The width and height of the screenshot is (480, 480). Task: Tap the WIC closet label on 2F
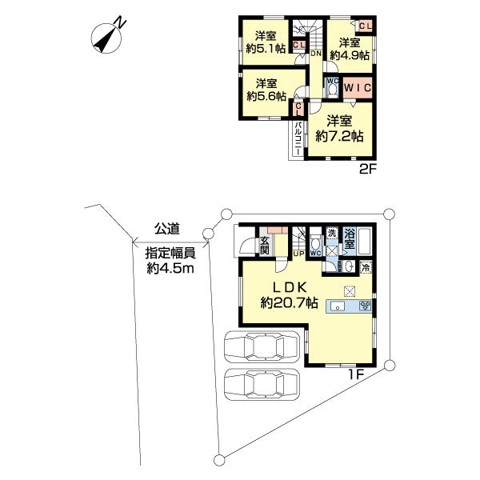pyautogui.click(x=358, y=88)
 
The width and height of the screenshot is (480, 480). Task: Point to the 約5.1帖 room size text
pyautogui.click(x=266, y=49)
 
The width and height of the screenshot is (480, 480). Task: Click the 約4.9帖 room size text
pyautogui.click(x=350, y=55)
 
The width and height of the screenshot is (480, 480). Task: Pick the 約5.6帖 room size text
pyautogui.click(x=266, y=96)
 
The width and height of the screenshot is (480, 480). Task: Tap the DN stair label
pyautogui.click(x=316, y=54)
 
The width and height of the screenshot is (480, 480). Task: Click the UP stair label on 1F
pyautogui.click(x=298, y=254)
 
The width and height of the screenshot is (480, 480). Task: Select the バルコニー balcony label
pyautogui.click(x=298, y=138)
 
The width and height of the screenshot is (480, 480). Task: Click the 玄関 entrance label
pyautogui.click(x=265, y=246)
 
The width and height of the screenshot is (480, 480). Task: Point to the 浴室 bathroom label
pyautogui.click(x=350, y=238)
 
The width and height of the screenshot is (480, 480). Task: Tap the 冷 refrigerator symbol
pyautogui.click(x=366, y=268)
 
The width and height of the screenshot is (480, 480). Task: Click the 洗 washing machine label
pyautogui.click(x=331, y=233)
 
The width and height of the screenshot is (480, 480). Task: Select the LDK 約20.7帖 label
pyautogui.click(x=289, y=295)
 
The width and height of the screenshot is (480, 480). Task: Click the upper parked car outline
pyautogui.click(x=262, y=347)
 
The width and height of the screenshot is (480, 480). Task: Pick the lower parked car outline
pyautogui.click(x=262, y=384)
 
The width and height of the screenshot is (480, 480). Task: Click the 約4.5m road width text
pyautogui.click(x=170, y=269)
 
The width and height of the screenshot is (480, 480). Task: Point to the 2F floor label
pyautogui.click(x=367, y=169)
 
